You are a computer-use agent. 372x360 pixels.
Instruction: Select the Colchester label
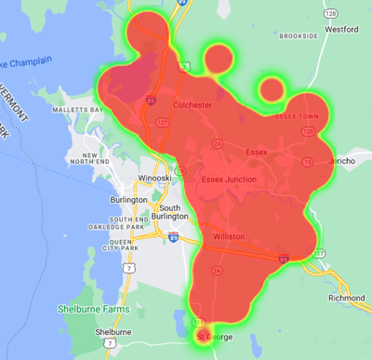(x=193, y=106)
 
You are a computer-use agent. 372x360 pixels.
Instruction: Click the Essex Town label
(x=297, y=116)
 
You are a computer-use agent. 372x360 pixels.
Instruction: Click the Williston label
(x=229, y=236)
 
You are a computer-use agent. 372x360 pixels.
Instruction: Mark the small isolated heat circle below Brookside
(x=272, y=90)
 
